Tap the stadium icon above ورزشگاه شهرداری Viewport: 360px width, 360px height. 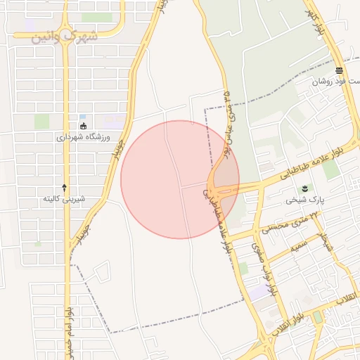(x=84, y=126)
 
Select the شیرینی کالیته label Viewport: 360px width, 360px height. (x=64, y=199)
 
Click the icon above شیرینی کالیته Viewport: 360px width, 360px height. (x=65, y=187)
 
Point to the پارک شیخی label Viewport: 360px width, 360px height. (x=302, y=200)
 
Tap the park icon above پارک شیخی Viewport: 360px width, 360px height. (x=305, y=188)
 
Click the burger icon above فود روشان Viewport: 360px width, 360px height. (x=340, y=70)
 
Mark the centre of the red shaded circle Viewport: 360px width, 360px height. (x=180, y=179)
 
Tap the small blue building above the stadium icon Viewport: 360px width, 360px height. (x=82, y=117)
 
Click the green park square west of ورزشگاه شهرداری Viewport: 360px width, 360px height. (x=42, y=121)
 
